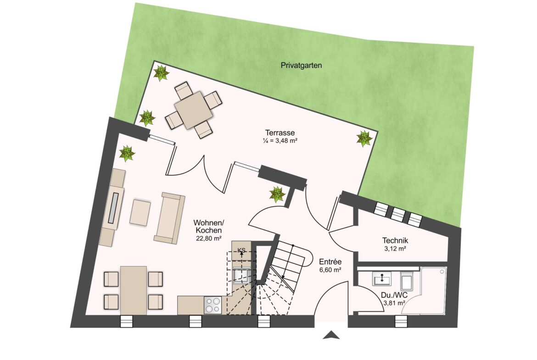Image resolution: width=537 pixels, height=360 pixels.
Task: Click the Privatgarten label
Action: (301, 66)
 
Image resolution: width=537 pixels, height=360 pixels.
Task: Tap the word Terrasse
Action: (280, 133)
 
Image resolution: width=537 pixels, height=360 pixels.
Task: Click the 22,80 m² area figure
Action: (208, 238)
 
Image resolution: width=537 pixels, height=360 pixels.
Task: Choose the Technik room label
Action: (395, 241)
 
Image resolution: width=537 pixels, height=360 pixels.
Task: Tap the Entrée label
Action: (330, 262)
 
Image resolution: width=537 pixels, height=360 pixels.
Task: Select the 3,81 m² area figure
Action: (394, 303)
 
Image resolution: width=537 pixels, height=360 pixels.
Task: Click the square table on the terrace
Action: (194, 110)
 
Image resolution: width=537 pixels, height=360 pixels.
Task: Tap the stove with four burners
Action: (213, 305)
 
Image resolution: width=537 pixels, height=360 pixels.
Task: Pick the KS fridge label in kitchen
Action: (241, 250)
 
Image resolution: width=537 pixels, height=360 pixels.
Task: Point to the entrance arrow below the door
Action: (331, 335)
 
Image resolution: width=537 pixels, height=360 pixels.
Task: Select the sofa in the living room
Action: (169, 218)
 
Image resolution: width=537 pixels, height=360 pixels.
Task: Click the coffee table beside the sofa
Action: (140, 212)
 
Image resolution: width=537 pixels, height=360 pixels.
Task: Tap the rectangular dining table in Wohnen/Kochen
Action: (134, 290)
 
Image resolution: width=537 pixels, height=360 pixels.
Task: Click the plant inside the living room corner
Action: (127, 153)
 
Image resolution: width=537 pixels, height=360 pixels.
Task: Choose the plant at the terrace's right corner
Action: (364, 138)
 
